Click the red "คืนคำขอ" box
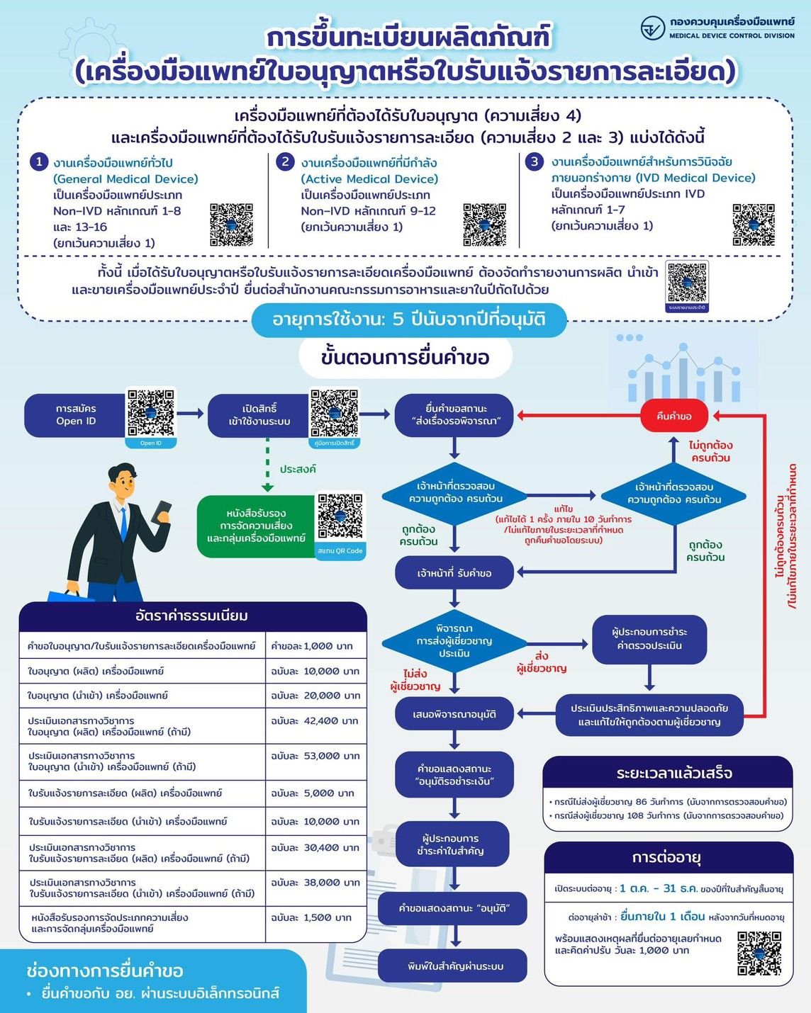pos(673,416)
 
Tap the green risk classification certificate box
pos(256,526)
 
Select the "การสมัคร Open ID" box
pos(76,415)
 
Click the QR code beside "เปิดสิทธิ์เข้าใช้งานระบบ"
pos(334,413)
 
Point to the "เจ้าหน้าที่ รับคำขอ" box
pos(454,573)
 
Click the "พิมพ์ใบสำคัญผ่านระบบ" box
pos(455,966)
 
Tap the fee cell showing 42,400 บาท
pos(315,720)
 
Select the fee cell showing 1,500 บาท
pos(315,917)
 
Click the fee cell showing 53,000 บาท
pos(315,756)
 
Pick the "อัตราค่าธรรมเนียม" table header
pos(192,616)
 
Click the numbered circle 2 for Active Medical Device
pos(285,162)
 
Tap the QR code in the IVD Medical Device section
pos(753,225)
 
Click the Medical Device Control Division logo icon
pos(652,28)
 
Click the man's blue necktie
pos(123,524)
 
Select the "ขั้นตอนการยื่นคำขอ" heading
pos(405,357)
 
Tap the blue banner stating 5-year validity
pos(409,319)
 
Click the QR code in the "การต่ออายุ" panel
pos(759,953)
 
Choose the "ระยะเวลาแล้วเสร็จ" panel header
pos(668,773)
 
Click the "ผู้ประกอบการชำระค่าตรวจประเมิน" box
pos(649,638)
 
